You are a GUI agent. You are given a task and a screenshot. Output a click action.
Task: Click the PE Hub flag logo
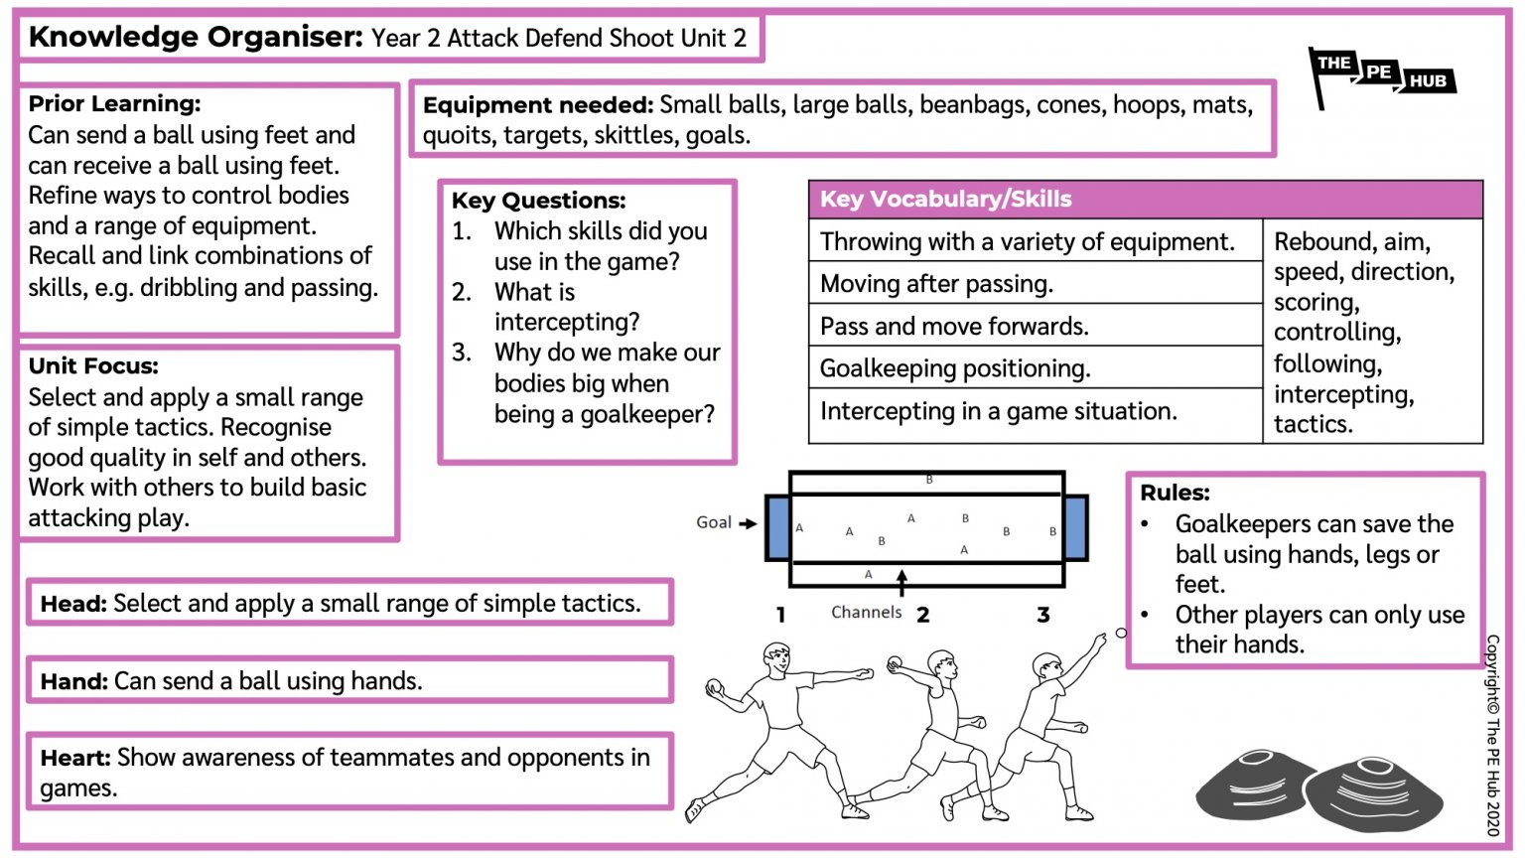tap(1381, 75)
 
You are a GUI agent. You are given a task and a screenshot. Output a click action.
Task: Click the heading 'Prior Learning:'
tap(114, 104)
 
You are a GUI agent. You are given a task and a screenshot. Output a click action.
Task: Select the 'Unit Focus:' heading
tap(93, 366)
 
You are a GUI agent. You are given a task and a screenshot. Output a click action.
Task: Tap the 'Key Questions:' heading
tap(538, 201)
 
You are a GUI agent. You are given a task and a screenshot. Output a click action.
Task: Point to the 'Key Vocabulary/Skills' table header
tap(945, 200)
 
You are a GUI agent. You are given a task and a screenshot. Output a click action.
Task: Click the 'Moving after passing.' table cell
tap(936, 285)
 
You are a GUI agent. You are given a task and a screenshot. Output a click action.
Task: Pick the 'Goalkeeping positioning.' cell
tap(954, 369)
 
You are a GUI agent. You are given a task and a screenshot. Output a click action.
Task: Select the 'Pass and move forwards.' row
tap(953, 327)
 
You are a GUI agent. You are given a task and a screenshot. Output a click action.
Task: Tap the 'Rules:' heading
tap(1175, 494)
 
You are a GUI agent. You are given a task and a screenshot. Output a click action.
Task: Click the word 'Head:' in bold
tap(73, 604)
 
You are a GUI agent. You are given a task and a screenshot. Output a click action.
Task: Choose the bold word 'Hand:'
tap(73, 681)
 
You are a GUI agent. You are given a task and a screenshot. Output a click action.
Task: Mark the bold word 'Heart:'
tap(75, 759)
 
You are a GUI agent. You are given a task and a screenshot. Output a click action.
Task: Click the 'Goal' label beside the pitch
tap(713, 522)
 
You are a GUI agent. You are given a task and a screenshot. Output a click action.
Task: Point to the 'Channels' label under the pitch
tap(866, 613)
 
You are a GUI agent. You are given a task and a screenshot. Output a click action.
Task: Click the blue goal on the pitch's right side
tap(1075, 527)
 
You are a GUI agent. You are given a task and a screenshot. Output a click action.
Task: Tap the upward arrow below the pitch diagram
tap(901, 581)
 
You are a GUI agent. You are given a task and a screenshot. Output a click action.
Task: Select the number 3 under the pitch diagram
tap(1043, 616)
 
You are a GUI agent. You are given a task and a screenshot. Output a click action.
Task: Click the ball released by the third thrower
tap(1121, 633)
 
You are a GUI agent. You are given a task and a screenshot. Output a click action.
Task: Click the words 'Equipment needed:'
tap(537, 106)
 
